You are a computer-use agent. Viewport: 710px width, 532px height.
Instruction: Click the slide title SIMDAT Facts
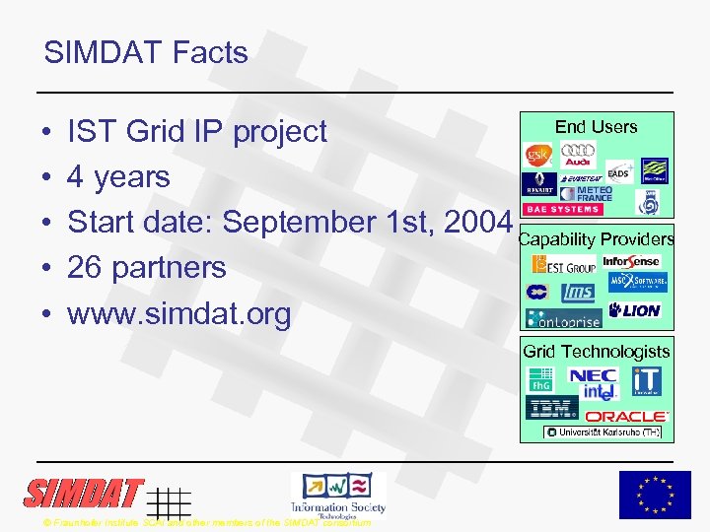[x=146, y=52]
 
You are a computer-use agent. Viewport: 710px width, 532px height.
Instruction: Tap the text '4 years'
[x=118, y=177]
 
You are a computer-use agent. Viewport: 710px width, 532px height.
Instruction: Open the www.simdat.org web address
[x=178, y=313]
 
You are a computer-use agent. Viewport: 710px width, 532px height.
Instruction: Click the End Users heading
[x=596, y=127]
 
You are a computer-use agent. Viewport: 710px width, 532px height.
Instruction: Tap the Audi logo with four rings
[x=579, y=156]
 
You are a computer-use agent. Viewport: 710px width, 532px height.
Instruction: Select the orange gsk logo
[x=539, y=157]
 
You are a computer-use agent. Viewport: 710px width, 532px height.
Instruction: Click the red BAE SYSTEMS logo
[x=563, y=209]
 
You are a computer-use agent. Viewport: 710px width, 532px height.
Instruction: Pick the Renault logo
[x=538, y=185]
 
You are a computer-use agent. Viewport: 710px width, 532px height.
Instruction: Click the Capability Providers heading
[x=596, y=239]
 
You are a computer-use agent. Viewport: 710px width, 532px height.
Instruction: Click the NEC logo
[x=593, y=376]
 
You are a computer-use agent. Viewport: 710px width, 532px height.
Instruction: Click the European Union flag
[x=655, y=495]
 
